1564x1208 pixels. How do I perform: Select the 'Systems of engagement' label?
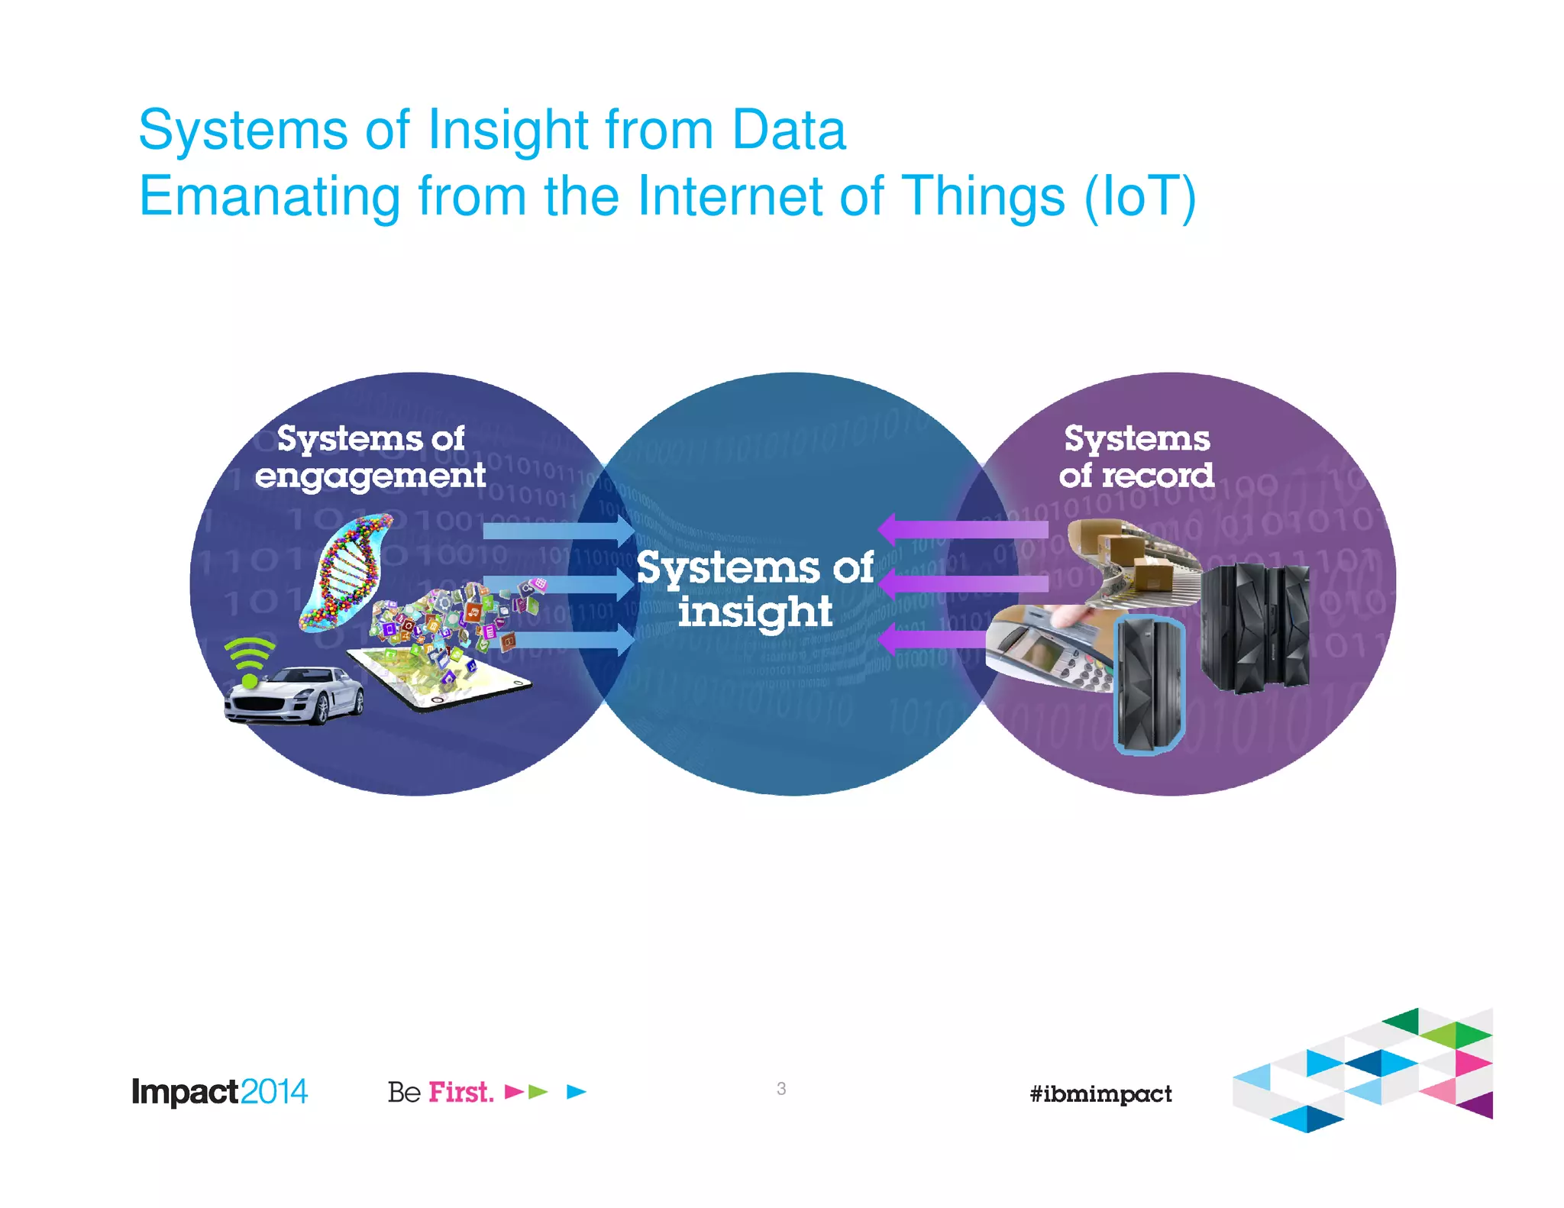click(370, 457)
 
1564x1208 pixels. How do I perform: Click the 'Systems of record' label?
click(1136, 457)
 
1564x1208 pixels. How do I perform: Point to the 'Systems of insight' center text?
click(755, 589)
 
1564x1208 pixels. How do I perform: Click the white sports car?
click(294, 695)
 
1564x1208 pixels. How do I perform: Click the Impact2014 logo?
click(219, 1091)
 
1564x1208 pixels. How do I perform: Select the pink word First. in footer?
click(460, 1092)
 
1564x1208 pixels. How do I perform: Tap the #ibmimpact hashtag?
click(1100, 1094)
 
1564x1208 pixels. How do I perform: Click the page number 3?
click(780, 1088)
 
